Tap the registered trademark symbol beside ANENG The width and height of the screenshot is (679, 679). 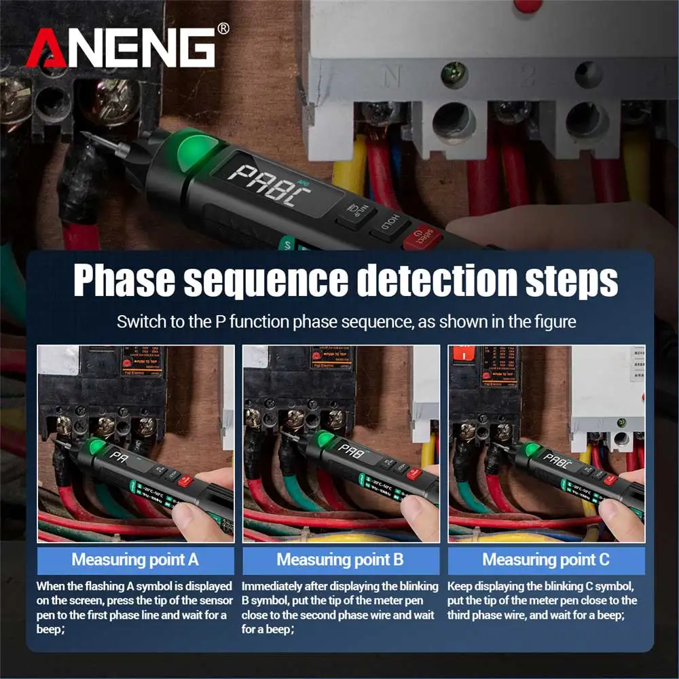pyautogui.click(x=223, y=28)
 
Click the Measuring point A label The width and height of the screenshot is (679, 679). pyautogui.click(x=135, y=560)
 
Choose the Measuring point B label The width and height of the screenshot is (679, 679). pyautogui.click(x=340, y=560)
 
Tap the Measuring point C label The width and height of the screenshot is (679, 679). pyautogui.click(x=546, y=560)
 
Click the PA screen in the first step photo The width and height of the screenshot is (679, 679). pyautogui.click(x=121, y=456)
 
